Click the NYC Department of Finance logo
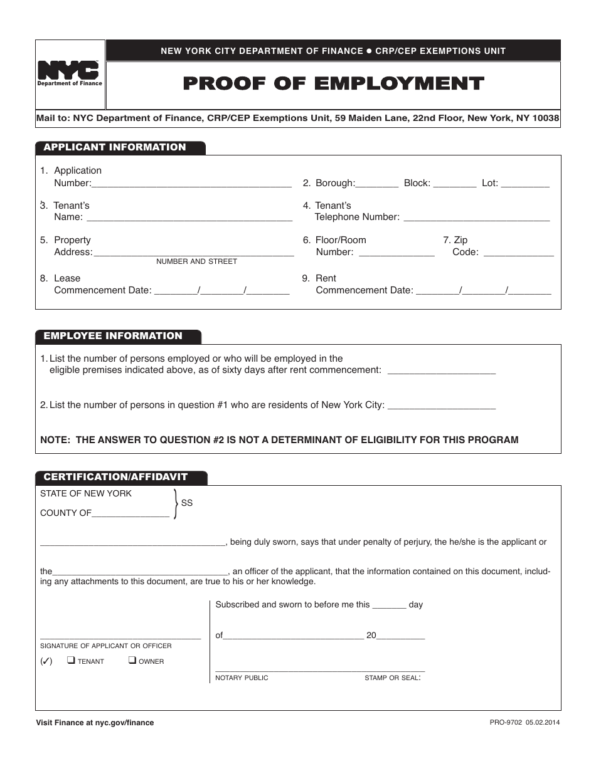[x=70, y=74]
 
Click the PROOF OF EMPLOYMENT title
[x=333, y=84]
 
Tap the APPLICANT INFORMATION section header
[x=115, y=147]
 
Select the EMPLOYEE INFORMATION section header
[x=113, y=336]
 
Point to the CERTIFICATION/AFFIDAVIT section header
[x=115, y=477]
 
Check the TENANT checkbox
[x=71, y=660]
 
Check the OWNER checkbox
[x=132, y=660]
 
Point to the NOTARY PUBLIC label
[x=242, y=678]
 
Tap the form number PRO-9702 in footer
[x=506, y=723]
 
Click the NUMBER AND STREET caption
[x=196, y=261]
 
